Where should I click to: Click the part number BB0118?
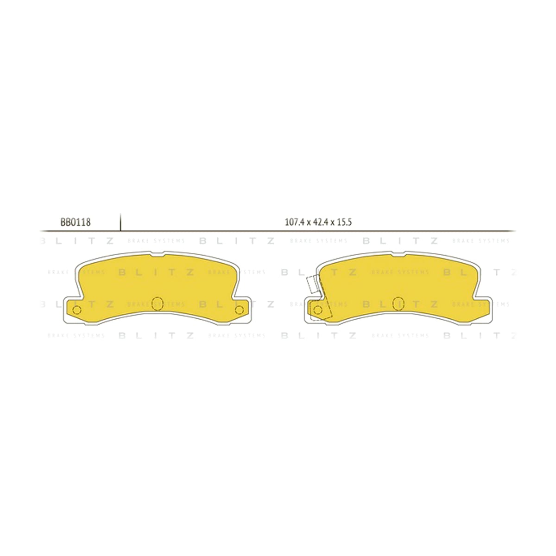[x=76, y=222]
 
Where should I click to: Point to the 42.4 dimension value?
[x=319, y=222]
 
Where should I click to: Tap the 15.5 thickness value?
[x=343, y=222]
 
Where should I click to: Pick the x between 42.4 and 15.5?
[x=332, y=223]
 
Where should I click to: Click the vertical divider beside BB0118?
[x=120, y=222]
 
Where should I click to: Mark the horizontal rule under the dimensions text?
[x=277, y=231]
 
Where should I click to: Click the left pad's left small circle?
[x=77, y=310]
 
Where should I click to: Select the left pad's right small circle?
[x=239, y=310]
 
